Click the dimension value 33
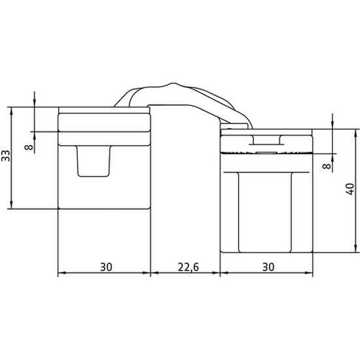tap(6, 155)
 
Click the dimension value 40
tap(350, 189)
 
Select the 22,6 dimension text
tap(188, 267)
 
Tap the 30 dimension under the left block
tap(106, 267)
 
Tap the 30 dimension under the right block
tap(268, 267)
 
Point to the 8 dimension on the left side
tap(29, 147)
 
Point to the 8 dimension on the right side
tap(327, 166)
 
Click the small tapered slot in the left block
tap(93, 161)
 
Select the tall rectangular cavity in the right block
tap(265, 212)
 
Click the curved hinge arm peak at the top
tap(173, 84)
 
